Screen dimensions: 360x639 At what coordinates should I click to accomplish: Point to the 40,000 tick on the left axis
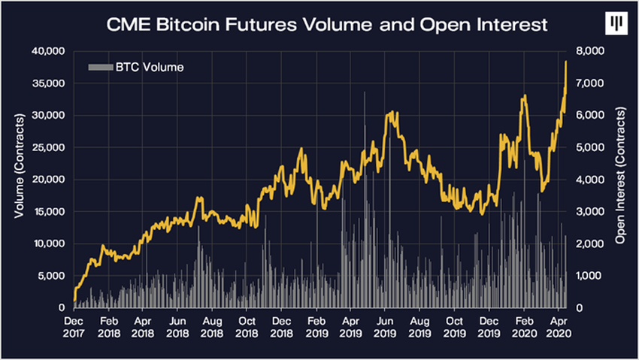(50, 51)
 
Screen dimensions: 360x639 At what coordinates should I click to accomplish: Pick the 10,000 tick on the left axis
(50, 244)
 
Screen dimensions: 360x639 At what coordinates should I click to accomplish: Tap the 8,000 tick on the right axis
(587, 51)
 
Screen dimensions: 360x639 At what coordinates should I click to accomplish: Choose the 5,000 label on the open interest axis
(587, 147)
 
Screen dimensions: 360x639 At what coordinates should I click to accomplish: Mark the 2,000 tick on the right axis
(587, 244)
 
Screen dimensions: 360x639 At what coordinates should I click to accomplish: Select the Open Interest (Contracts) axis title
(621, 180)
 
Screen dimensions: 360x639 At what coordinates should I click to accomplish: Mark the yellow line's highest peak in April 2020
(565, 62)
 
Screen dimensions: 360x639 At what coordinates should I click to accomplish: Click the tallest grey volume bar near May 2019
(365, 93)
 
